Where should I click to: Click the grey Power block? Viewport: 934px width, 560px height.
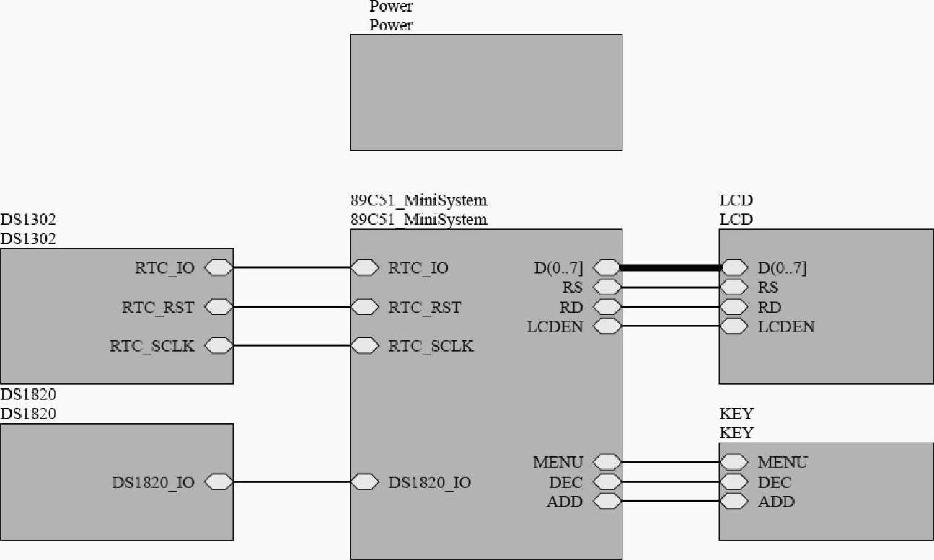point(485,92)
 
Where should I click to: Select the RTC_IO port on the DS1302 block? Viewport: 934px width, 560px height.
point(219,268)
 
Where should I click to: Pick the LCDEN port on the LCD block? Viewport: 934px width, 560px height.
point(734,326)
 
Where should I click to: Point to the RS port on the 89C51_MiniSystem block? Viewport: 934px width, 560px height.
point(607,288)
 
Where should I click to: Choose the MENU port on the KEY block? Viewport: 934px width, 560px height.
point(734,462)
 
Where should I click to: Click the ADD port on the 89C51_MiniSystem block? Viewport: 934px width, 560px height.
point(607,501)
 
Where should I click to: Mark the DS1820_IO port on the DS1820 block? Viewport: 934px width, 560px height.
point(219,481)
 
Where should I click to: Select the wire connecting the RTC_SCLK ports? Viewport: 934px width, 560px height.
point(291,346)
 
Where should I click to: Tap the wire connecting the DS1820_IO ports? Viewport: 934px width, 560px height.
point(291,481)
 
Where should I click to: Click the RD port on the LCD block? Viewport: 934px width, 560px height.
point(734,307)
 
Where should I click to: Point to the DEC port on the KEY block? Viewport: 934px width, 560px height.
point(734,481)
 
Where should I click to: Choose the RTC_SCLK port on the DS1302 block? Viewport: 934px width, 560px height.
point(219,346)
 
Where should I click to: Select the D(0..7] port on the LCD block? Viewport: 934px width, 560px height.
point(734,267)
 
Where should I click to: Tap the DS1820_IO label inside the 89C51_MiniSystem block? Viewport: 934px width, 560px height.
point(430,482)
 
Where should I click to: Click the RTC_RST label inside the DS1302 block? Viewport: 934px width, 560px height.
point(158,307)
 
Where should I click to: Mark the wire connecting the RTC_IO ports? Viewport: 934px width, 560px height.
point(291,268)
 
